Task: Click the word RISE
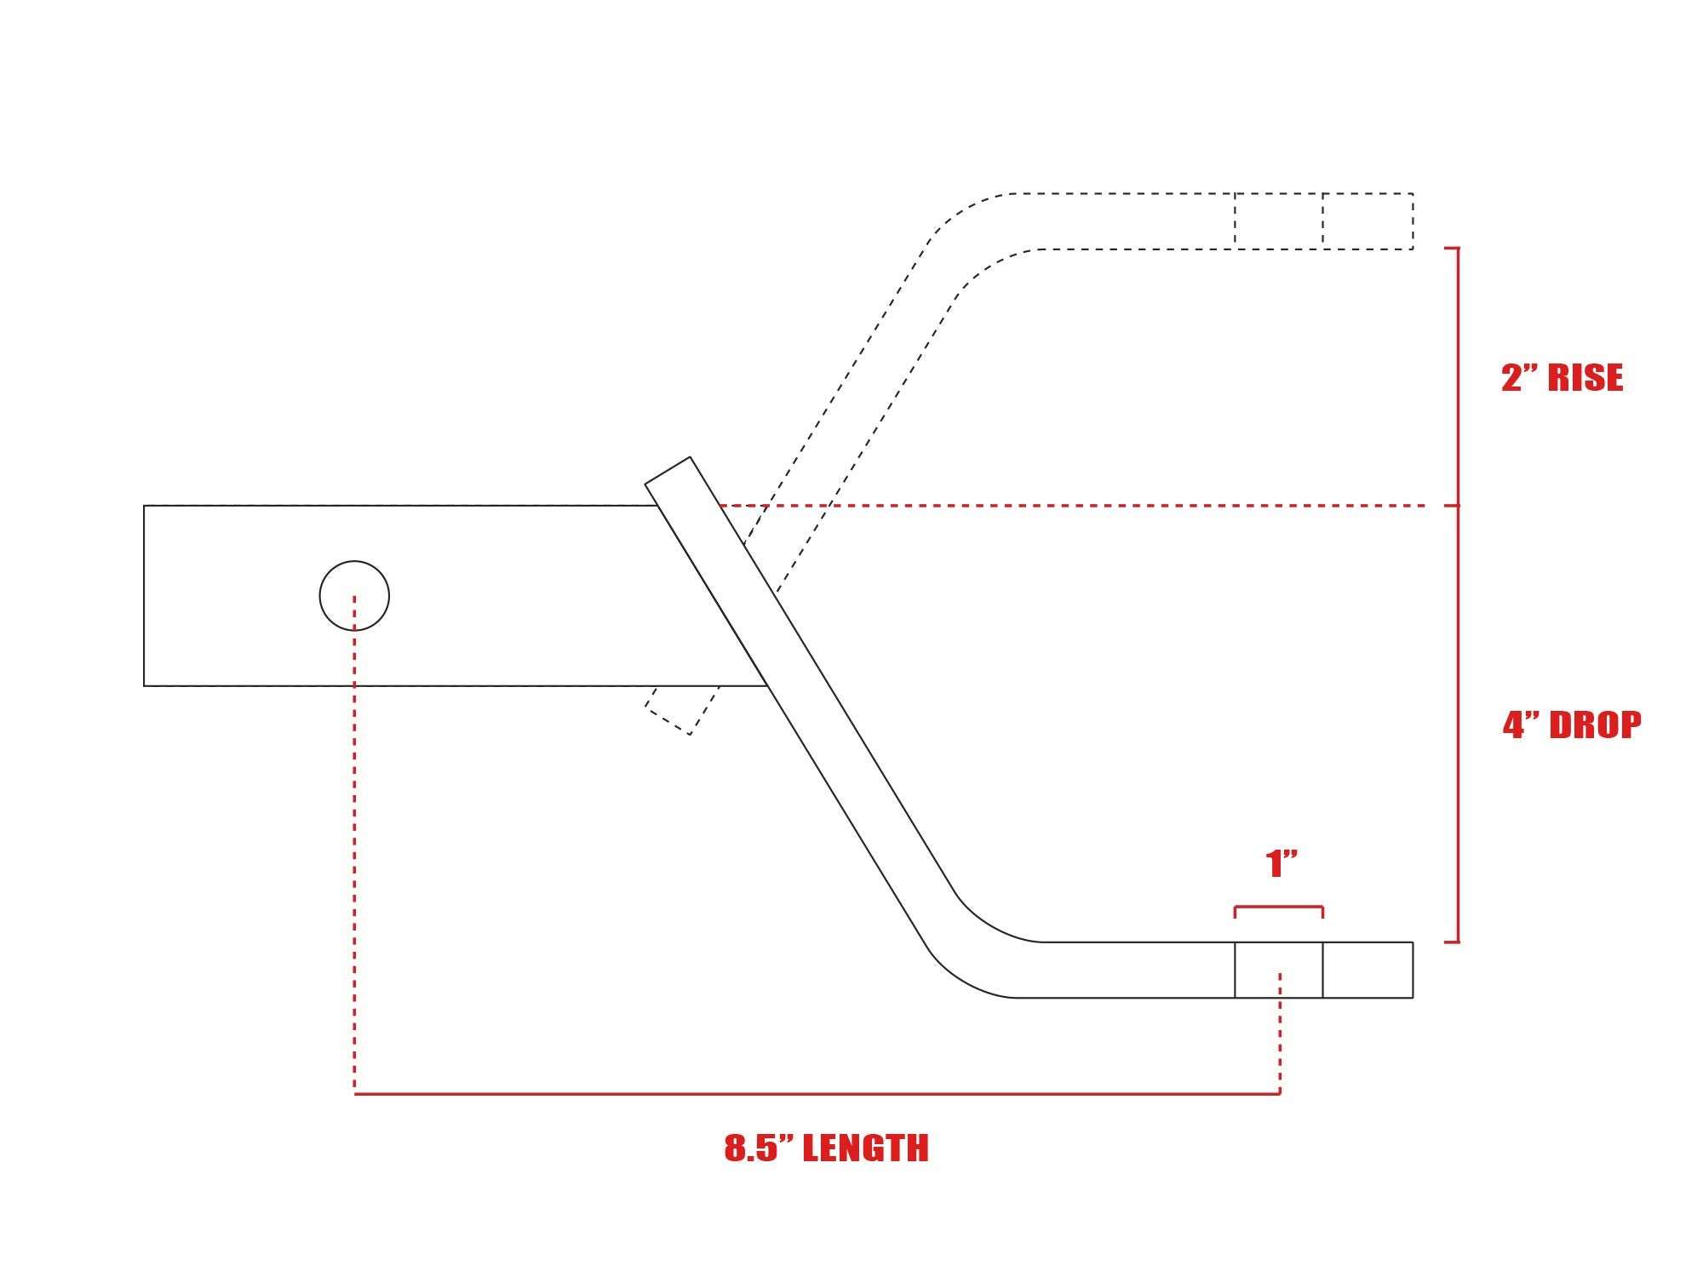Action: pyautogui.click(x=1585, y=378)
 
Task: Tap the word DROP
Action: pyautogui.click(x=1595, y=725)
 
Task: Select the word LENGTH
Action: pyautogui.click(x=865, y=1148)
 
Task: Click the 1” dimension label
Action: pyautogui.click(x=1282, y=864)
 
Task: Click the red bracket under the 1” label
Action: pyautogui.click(x=1279, y=908)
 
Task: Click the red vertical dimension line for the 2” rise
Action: pyautogui.click(x=1458, y=376)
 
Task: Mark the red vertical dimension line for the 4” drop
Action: pyautogui.click(x=1458, y=724)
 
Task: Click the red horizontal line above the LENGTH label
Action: pyautogui.click(x=817, y=1093)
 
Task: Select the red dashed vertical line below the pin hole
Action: pyautogui.click(x=354, y=845)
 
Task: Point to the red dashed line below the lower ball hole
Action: pyautogui.click(x=1280, y=1033)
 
